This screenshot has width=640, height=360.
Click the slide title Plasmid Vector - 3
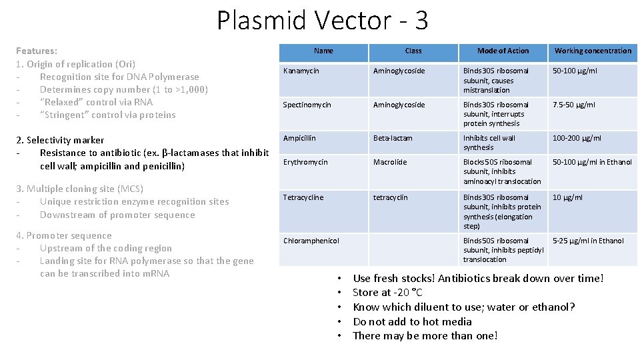point(322,21)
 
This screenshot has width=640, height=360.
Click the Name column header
point(323,51)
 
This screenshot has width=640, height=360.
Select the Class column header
point(413,51)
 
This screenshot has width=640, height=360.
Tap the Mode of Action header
point(503,51)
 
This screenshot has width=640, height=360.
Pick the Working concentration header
point(593,51)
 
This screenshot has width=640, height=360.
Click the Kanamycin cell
point(301,71)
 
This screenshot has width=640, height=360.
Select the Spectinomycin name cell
point(306,105)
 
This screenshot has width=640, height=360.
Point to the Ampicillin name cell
point(299,138)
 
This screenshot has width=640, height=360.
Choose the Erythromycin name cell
point(305,162)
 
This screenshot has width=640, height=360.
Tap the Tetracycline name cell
point(303,197)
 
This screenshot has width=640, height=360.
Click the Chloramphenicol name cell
point(311,241)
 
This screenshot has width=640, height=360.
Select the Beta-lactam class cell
point(393,138)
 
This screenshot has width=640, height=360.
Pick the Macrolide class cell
point(389,162)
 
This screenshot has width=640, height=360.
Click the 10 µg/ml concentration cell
point(567,197)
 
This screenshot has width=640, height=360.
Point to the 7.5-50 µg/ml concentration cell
point(574,105)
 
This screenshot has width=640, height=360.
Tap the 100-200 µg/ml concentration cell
point(577,138)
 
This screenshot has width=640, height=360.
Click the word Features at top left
point(36,51)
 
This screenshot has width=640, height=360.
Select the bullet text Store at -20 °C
point(387,293)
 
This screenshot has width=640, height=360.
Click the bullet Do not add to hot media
point(412,321)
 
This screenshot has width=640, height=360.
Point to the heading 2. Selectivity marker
point(60,140)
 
